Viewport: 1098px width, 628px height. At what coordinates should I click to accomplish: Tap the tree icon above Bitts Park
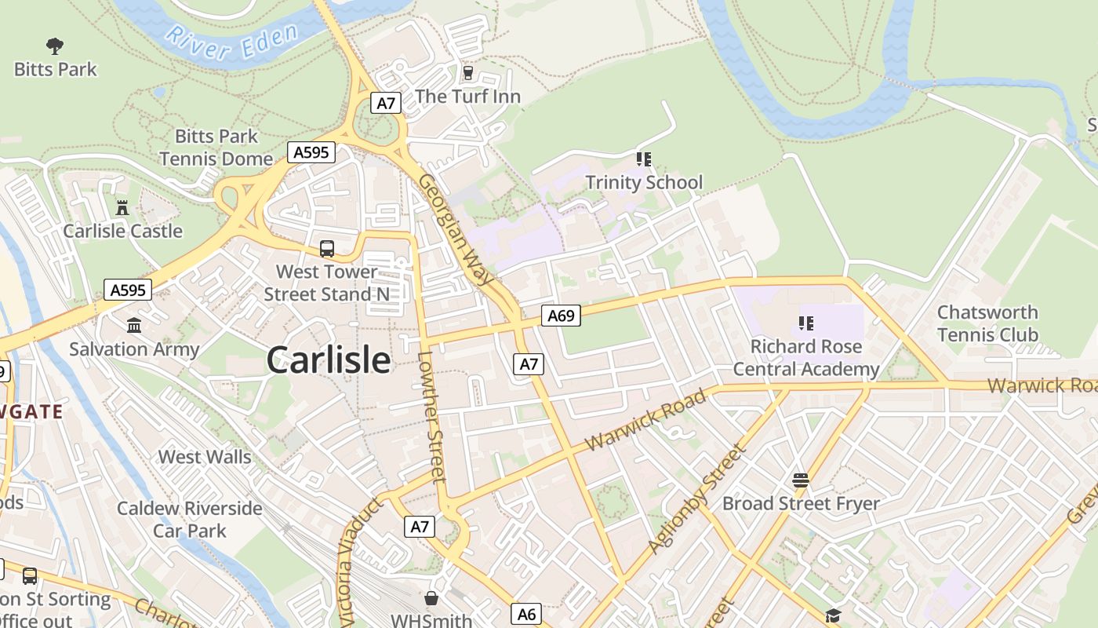point(55,46)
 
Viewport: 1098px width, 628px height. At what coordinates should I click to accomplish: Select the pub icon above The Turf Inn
point(468,73)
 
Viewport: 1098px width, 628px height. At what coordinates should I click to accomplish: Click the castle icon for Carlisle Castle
point(122,208)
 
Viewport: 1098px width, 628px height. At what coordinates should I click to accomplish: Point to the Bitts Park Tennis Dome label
point(216,148)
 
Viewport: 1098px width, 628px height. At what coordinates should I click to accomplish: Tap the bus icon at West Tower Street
point(327,249)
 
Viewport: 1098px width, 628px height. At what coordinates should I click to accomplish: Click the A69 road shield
point(561,316)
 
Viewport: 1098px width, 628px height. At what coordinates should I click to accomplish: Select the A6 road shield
point(527,614)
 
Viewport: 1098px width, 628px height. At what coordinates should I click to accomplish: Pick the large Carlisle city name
point(328,360)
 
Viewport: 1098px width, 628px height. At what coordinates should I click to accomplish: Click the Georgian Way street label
point(456,228)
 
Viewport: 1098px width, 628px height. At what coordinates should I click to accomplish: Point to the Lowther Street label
point(431,416)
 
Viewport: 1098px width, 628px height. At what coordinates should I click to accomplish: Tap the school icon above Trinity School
point(644,160)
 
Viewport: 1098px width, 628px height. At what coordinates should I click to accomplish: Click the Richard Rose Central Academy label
point(805,358)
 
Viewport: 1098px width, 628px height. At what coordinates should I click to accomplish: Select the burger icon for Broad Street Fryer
point(800,480)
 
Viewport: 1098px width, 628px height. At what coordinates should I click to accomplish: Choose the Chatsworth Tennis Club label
point(987,323)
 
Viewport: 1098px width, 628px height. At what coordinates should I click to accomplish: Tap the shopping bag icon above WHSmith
point(431,598)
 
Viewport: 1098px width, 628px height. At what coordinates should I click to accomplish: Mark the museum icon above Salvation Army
point(134,325)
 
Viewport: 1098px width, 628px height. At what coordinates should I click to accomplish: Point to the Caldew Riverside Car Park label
point(190,519)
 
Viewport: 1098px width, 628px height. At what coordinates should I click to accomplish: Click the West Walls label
point(205,457)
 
